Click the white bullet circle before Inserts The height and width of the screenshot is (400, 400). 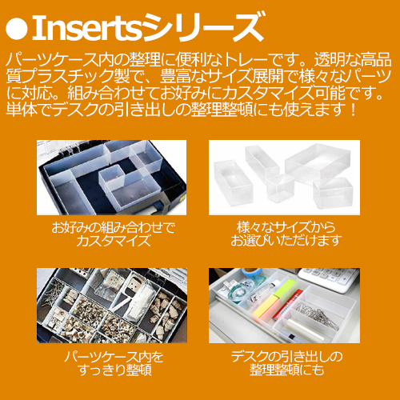point(17,29)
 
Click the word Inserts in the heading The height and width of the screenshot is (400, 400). point(87,28)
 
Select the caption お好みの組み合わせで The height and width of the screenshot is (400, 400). point(114,227)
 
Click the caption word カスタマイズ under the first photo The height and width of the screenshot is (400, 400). point(114,241)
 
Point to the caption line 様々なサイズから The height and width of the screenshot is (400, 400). point(286,227)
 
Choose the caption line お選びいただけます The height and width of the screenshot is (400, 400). point(286,241)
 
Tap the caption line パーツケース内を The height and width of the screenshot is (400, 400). point(114,357)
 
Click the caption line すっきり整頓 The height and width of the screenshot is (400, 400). point(114,370)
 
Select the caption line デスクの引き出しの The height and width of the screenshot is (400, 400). point(286,357)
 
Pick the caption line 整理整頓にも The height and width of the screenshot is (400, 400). point(286,370)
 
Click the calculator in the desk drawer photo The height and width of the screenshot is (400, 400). point(330,278)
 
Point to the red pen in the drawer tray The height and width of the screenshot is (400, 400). point(288,305)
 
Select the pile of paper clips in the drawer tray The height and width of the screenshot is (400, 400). point(318,314)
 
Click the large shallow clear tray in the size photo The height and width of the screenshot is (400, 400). point(318,162)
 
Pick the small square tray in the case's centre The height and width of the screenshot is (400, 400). point(113,176)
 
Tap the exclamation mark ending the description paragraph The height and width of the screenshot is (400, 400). point(353,109)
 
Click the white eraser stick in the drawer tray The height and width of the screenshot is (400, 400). point(306,329)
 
